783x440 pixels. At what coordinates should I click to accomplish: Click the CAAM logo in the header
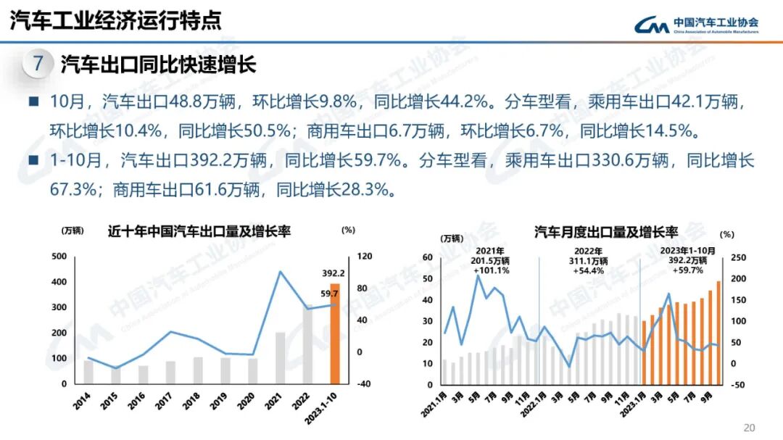696,25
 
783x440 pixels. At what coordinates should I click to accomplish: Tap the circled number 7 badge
38,65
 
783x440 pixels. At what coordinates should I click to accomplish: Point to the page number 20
750,427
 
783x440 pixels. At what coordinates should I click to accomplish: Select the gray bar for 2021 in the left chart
281,357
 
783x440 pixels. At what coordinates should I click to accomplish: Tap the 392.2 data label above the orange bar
333,273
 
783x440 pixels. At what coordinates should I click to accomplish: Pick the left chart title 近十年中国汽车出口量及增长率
199,231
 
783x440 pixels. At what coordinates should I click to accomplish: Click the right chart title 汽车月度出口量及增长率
605,232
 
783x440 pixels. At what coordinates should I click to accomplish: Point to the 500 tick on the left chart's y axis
59,257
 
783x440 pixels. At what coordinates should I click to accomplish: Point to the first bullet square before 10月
33,101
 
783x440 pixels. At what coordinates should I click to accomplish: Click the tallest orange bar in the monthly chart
718,332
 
